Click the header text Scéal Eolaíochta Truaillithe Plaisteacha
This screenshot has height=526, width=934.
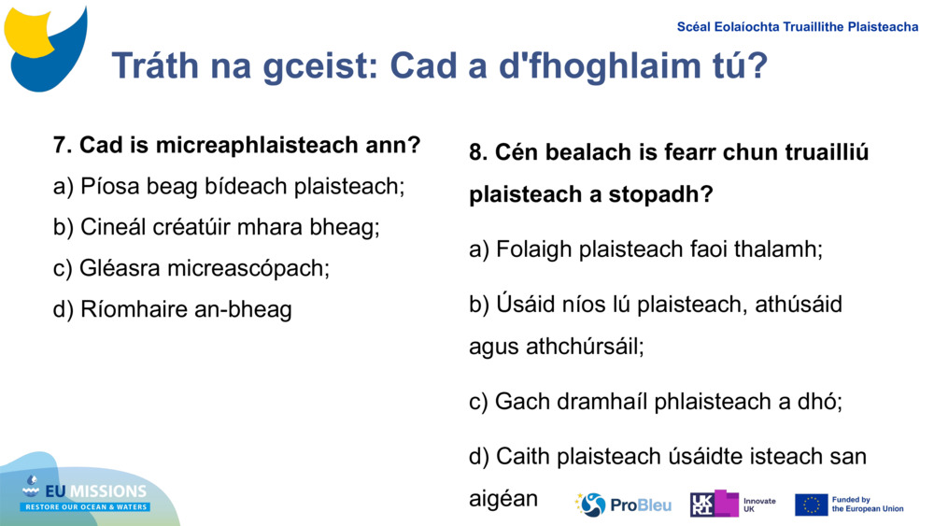coord(798,27)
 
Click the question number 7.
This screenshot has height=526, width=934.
coord(63,146)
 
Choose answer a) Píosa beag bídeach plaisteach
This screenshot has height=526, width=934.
coord(229,187)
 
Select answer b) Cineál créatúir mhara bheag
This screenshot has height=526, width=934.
coord(217,227)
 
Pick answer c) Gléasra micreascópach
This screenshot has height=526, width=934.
coord(191,268)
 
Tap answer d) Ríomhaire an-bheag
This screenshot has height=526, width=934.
coord(173,309)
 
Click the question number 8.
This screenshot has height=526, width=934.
coord(478,152)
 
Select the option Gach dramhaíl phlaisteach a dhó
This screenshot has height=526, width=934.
coord(656,402)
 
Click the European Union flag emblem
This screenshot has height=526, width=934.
coord(811,505)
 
